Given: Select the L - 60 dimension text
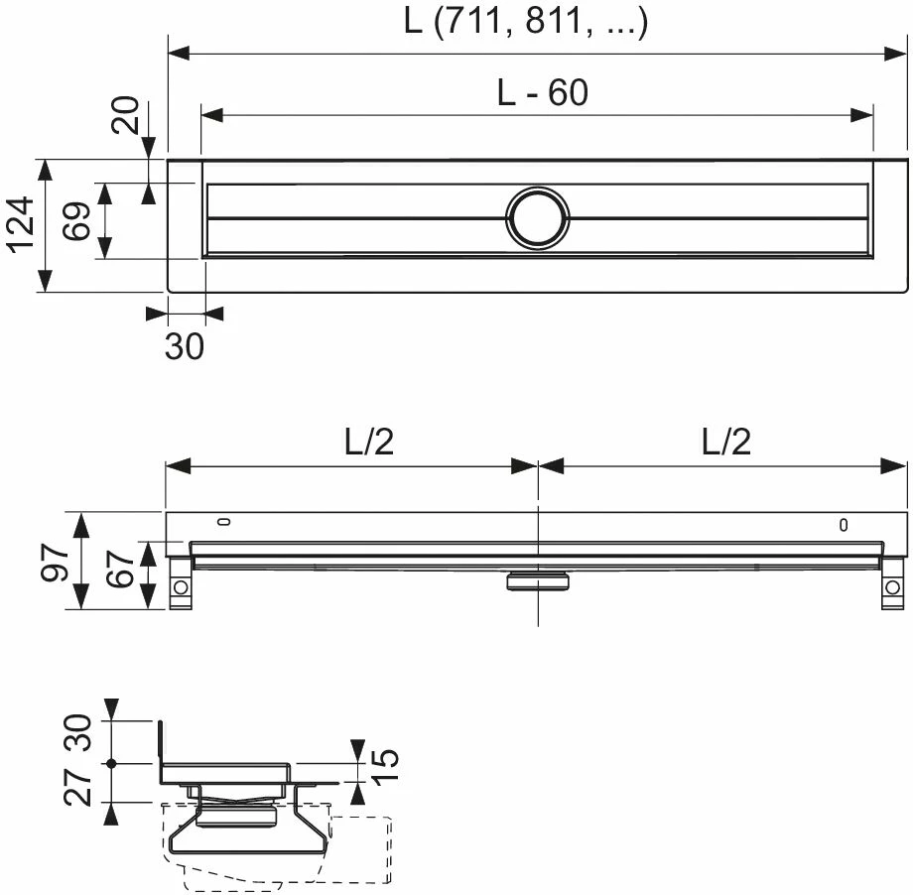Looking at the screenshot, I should (x=542, y=93).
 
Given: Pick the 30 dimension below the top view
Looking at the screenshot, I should (x=185, y=345).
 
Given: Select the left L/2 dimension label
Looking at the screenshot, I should (x=369, y=443).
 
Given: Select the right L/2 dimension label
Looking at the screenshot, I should (x=725, y=443).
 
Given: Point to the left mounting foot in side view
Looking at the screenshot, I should (x=180, y=586).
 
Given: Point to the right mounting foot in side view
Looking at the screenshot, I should (x=890, y=586).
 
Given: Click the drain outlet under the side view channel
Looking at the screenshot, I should (x=537, y=578).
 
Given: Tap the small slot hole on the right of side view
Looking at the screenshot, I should (x=844, y=526).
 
